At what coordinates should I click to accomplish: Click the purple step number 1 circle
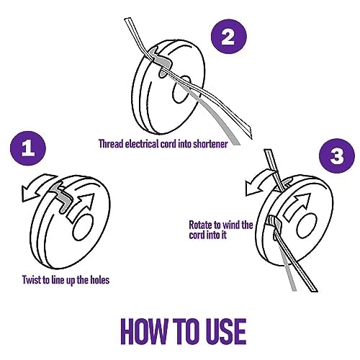click(28, 149)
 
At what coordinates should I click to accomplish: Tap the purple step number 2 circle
click(229, 37)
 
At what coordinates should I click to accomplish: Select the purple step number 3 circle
click(337, 156)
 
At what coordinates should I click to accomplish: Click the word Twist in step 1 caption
click(32, 280)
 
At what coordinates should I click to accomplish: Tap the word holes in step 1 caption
click(100, 280)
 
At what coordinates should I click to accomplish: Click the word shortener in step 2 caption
click(210, 144)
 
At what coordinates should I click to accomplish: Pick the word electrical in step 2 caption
click(142, 144)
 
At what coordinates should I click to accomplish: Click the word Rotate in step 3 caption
click(202, 225)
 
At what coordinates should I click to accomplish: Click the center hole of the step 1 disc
click(83, 228)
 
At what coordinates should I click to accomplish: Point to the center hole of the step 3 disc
click(307, 225)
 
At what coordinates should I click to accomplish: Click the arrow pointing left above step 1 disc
click(40, 188)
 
